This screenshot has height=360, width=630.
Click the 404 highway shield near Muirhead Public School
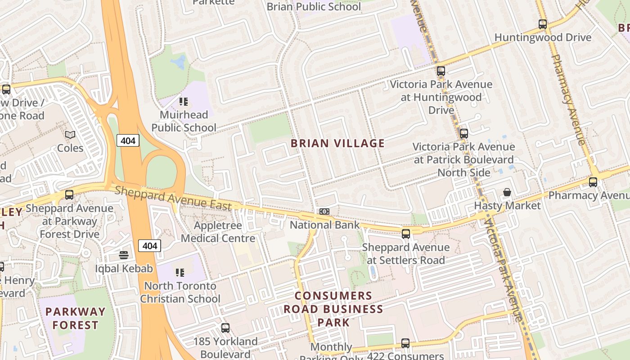128,141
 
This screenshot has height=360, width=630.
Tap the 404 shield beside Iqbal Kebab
149,246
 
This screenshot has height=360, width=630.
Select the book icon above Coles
70,135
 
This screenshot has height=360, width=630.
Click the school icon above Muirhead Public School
183,102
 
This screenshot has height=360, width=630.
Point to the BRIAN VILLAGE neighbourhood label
337,144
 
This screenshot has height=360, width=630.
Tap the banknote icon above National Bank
324,211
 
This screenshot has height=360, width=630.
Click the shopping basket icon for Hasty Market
507,193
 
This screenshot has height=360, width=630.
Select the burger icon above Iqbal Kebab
124,255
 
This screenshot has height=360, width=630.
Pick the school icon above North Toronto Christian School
180,272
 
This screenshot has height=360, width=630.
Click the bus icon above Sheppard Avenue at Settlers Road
405,234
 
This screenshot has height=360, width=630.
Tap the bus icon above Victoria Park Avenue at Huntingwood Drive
441,71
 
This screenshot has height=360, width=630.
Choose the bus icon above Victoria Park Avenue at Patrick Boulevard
464,134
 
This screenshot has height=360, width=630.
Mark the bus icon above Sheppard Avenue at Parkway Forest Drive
69,195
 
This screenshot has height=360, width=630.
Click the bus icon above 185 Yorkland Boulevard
225,328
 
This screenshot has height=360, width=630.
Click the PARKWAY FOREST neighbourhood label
75,318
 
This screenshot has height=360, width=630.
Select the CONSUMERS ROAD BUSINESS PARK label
333,309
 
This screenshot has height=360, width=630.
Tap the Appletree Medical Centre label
218,232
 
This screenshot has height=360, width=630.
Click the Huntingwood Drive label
543,37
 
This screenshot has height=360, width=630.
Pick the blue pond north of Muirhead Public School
179,63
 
